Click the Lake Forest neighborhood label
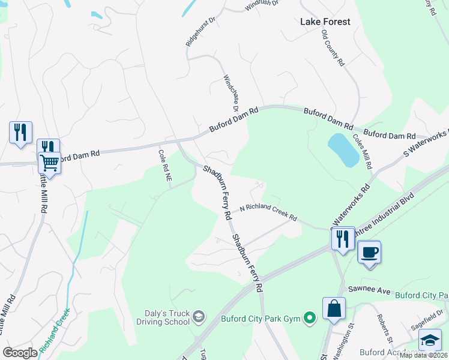click(325, 22)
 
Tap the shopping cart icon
click(49, 161)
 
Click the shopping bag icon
click(334, 309)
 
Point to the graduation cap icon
click(430, 340)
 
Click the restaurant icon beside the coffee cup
click(343, 238)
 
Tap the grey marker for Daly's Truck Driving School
click(200, 316)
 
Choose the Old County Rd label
click(333, 47)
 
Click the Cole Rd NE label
click(165, 166)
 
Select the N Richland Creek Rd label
click(268, 211)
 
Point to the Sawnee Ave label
click(375, 292)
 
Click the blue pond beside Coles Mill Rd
click(343, 149)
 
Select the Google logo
click(20, 353)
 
